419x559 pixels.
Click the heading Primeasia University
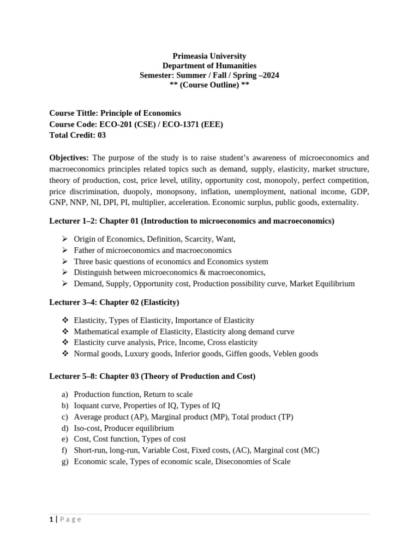point(209,56)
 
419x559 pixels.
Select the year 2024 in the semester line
point(270,75)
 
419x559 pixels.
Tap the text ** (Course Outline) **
point(209,85)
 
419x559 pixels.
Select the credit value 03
point(101,135)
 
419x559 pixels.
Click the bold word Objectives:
point(69,158)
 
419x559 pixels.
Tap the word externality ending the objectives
point(339,202)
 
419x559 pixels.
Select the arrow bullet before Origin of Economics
point(64,239)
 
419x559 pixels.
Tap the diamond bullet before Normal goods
point(64,354)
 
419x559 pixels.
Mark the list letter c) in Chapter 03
point(64,417)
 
